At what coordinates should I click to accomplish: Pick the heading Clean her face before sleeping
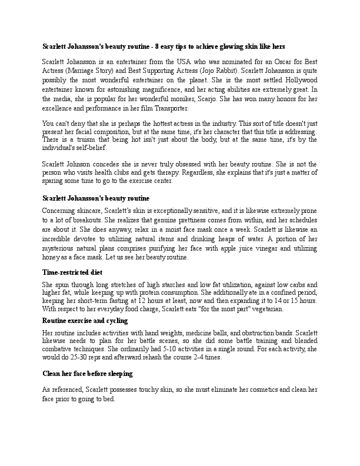(x=88, y=373)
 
